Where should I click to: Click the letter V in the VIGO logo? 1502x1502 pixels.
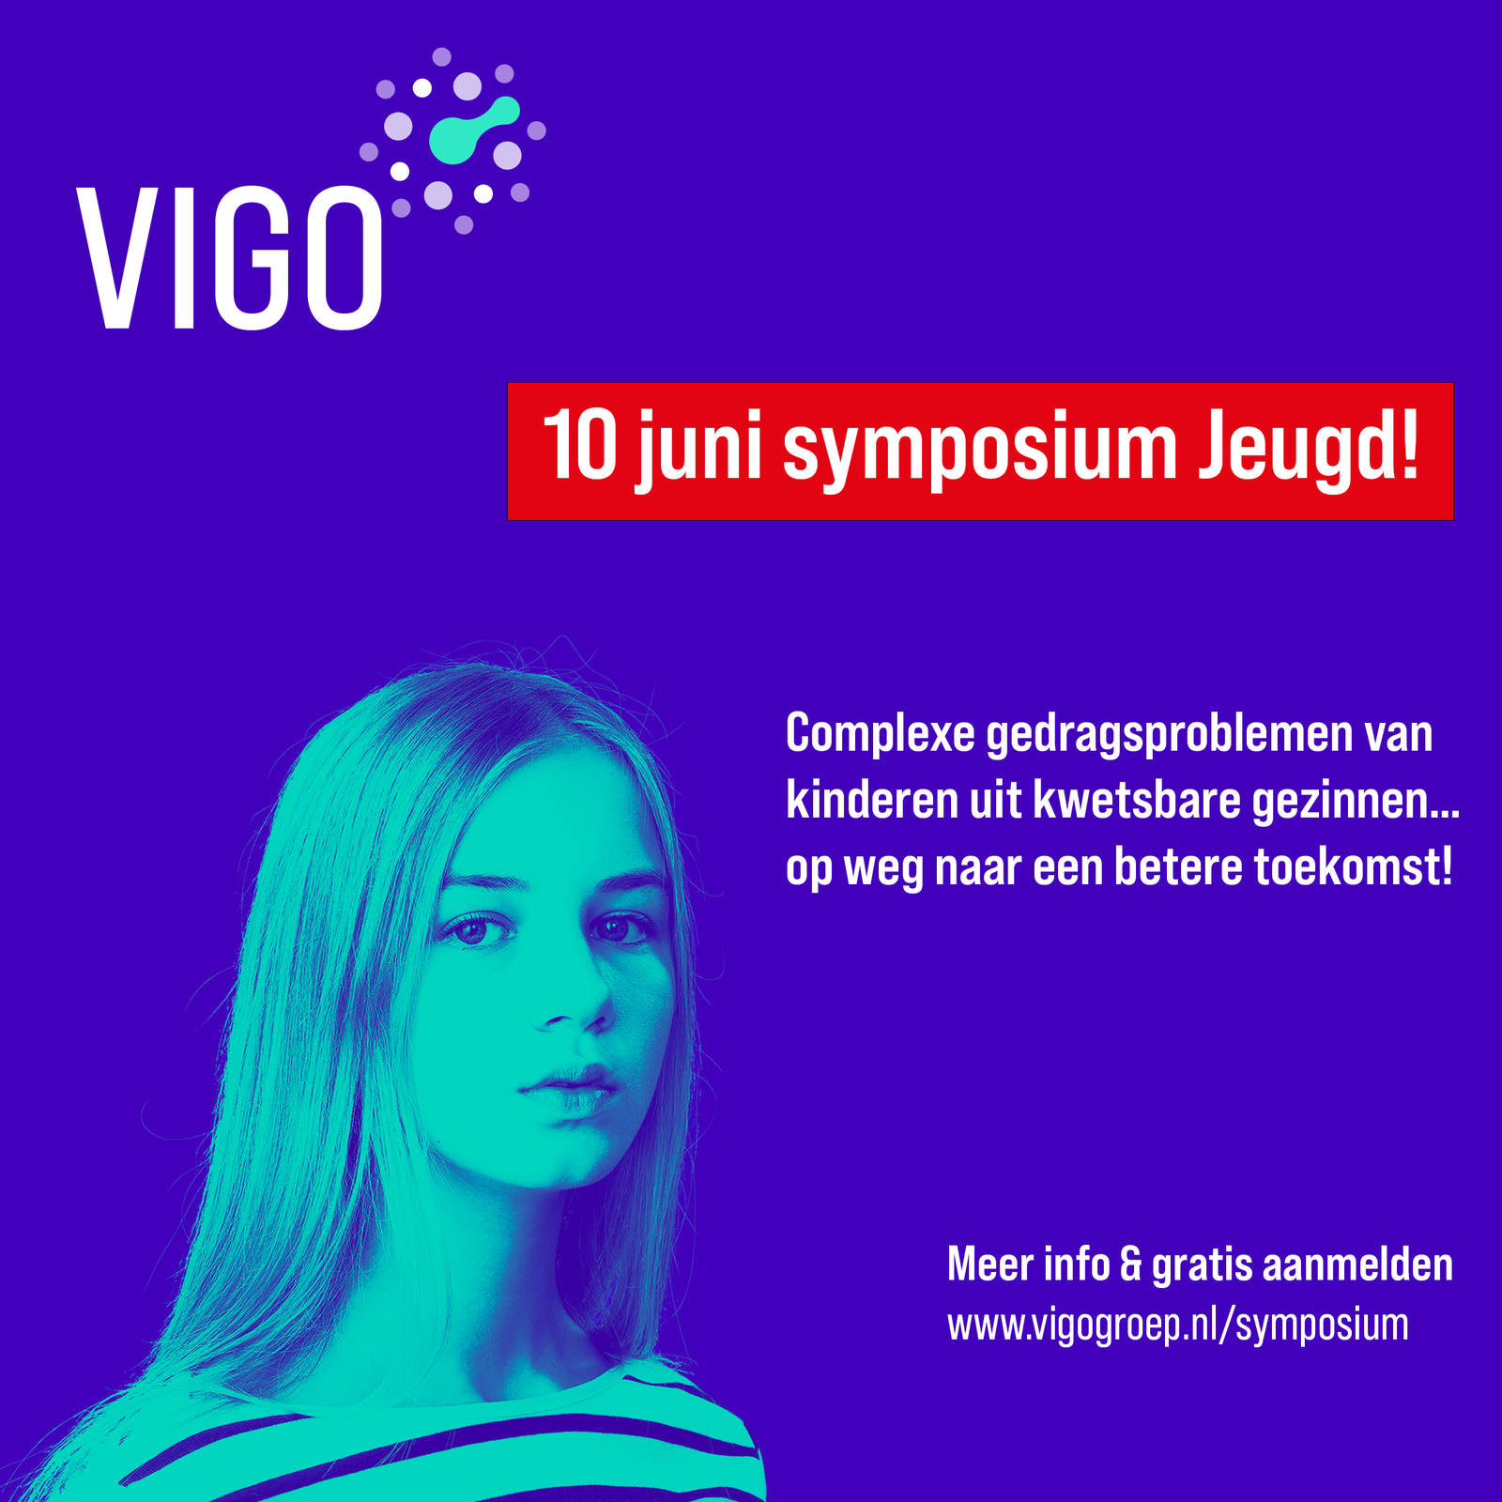point(118,257)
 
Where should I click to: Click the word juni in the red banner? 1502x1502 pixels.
point(698,449)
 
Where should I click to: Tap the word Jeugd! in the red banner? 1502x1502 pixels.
point(1308,449)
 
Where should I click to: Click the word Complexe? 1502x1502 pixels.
point(881,734)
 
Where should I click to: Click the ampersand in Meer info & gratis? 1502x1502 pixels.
point(1131,1264)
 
